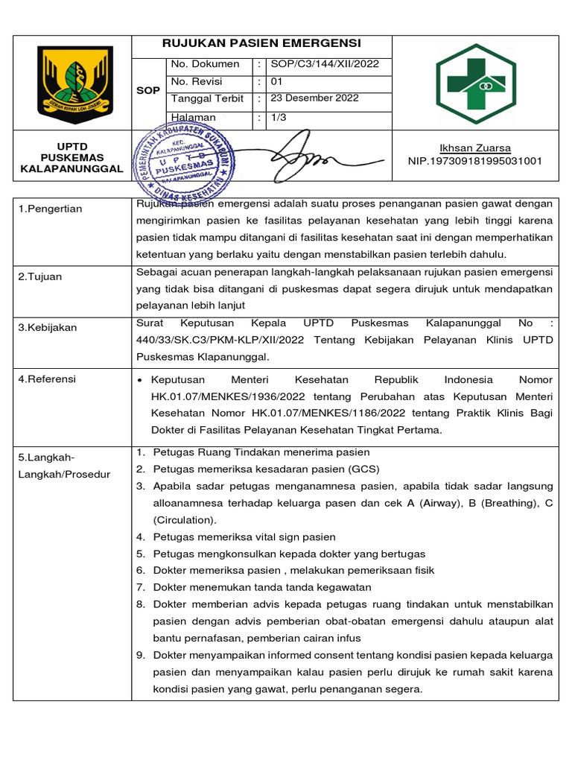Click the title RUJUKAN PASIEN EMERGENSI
261,43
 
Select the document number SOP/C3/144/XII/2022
325,64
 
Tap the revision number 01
276,81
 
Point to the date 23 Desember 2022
314,98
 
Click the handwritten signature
302,154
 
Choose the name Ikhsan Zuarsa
475,148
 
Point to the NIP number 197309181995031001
475,161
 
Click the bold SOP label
149,90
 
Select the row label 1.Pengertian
51,209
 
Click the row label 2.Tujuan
40,276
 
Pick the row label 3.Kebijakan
48,327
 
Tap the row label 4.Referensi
47,379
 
